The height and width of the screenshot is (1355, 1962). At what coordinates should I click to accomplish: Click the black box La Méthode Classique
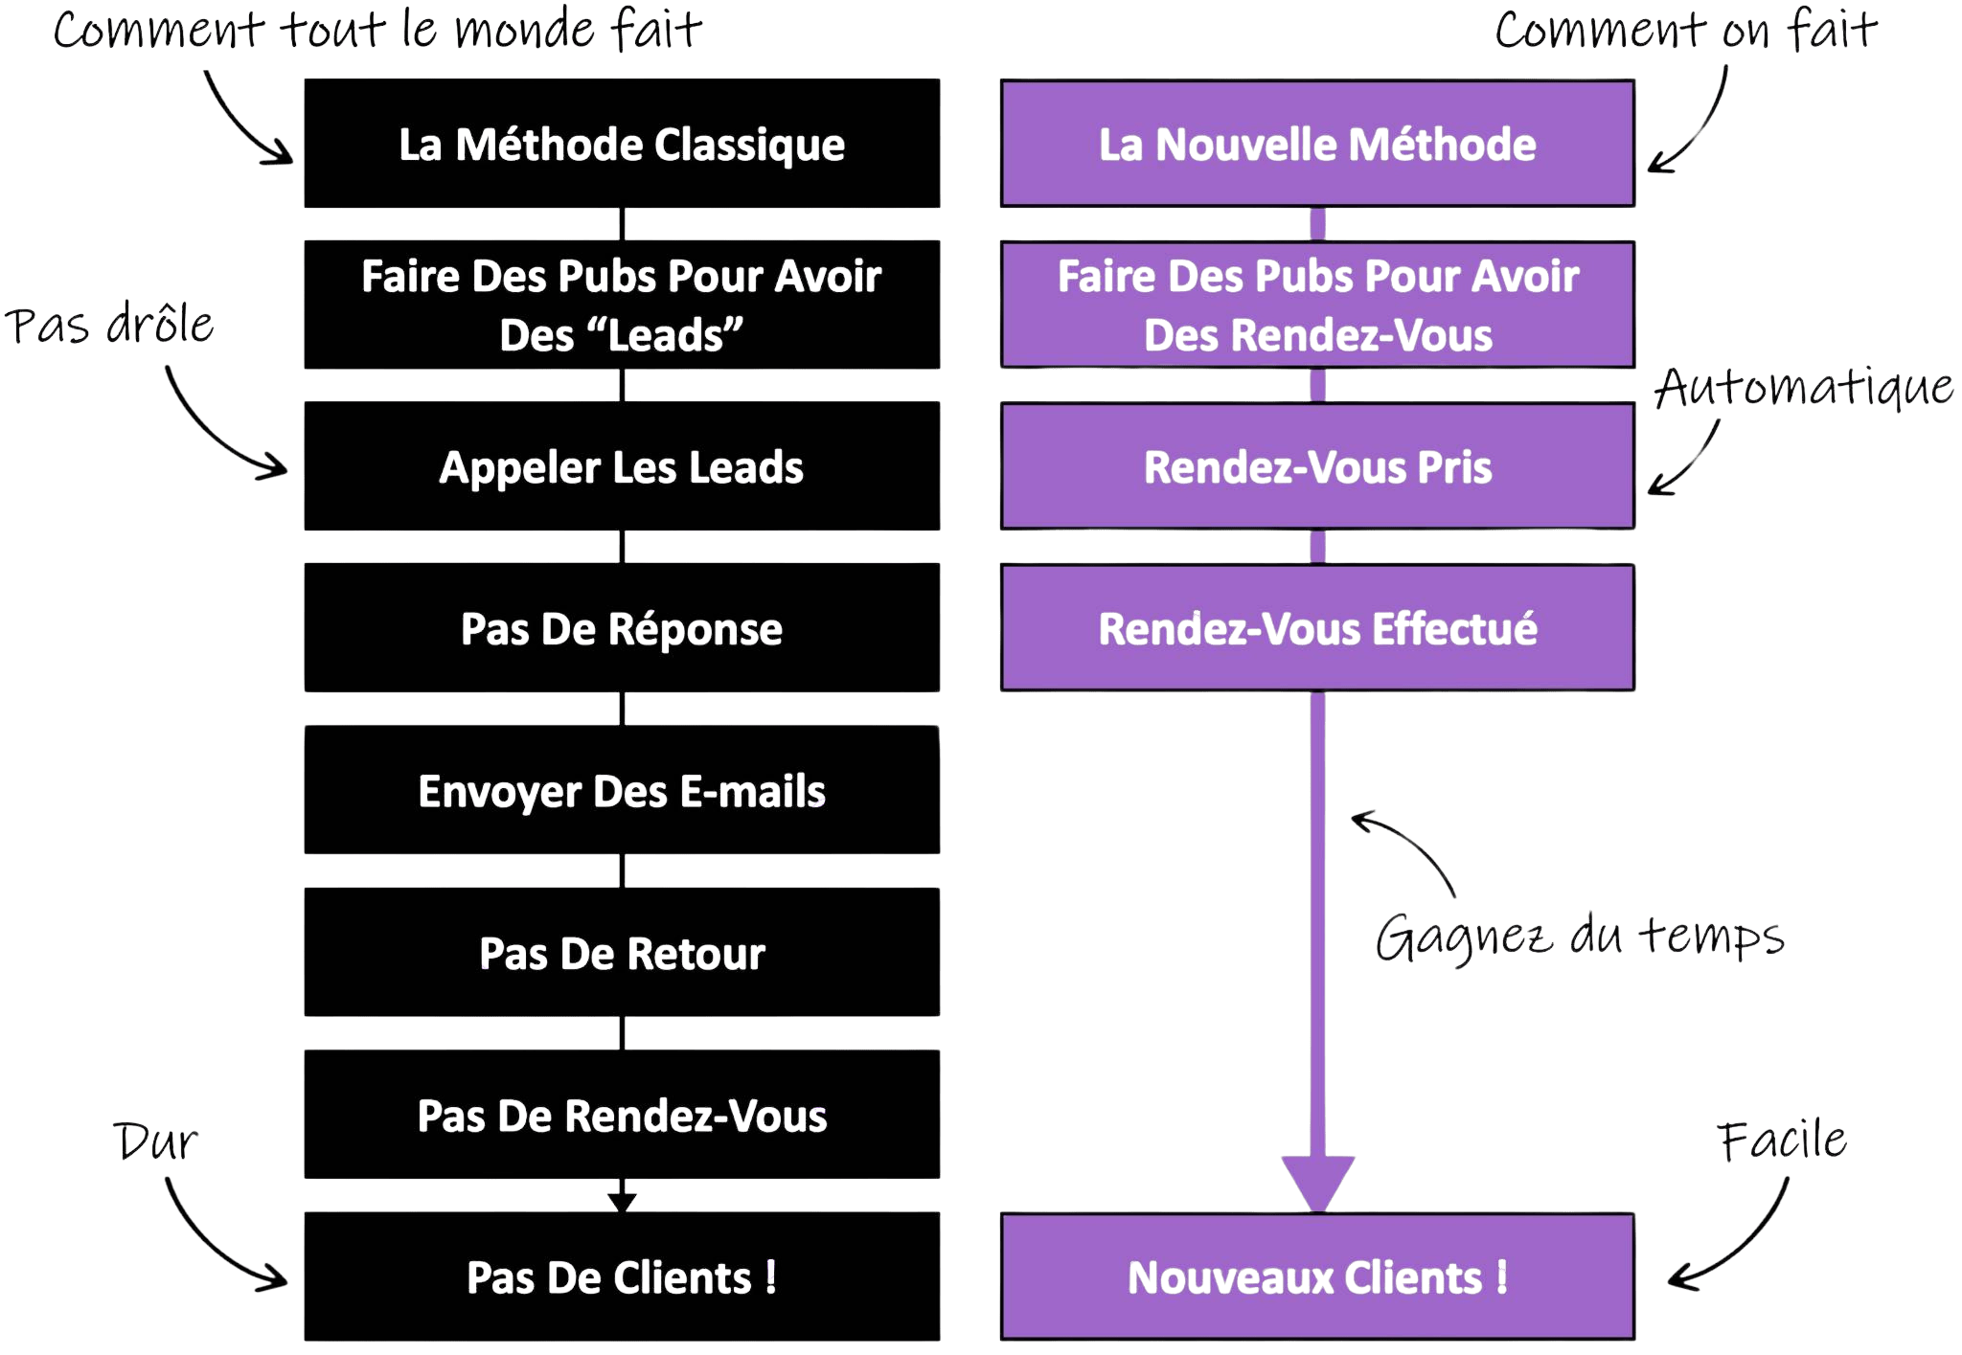point(622,144)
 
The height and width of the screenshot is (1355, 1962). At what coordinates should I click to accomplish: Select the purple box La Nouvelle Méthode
point(1317,144)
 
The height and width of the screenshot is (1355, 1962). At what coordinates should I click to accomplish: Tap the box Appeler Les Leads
point(622,466)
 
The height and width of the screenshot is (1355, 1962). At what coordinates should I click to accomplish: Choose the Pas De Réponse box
point(622,628)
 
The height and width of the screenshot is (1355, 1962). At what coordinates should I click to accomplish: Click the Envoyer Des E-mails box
point(622,790)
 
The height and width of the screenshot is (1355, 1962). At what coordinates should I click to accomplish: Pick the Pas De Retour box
point(622,953)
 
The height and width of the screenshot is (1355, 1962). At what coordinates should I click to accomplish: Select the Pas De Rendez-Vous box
point(622,1115)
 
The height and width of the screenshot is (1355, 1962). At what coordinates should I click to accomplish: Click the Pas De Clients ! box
point(622,1276)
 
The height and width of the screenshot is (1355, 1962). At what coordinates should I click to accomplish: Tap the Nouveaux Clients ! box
point(1317,1276)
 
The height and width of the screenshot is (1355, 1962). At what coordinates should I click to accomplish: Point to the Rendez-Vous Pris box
point(1317,466)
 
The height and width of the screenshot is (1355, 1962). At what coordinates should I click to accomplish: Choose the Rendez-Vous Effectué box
point(1317,628)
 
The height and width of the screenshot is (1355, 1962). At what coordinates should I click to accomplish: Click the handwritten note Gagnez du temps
point(1579,937)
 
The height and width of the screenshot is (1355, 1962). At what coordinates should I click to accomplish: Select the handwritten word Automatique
point(1804,388)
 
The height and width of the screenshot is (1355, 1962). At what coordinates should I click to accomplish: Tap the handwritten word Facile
point(1782,1140)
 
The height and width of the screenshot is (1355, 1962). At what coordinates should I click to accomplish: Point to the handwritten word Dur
point(155,1141)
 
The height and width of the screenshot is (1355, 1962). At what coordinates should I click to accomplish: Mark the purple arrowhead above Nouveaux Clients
point(1317,1183)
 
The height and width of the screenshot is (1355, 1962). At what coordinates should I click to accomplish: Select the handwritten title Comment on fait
point(1684,31)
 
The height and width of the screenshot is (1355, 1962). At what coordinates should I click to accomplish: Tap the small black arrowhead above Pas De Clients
point(622,1200)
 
